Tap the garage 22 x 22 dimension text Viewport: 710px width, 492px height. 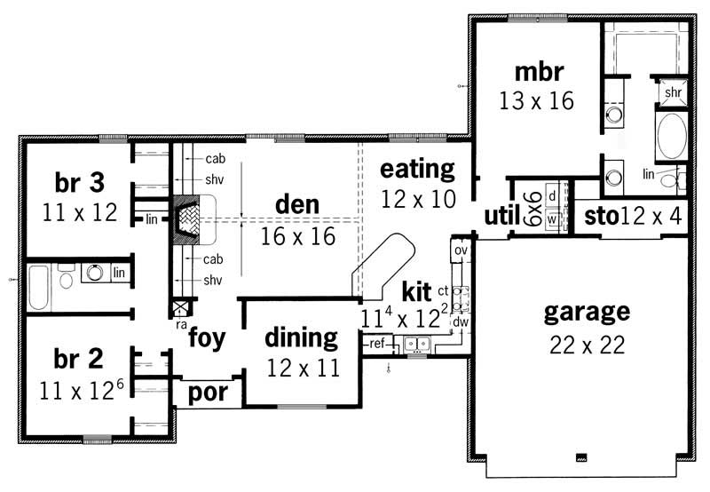(586, 344)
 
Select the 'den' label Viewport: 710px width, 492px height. (296, 206)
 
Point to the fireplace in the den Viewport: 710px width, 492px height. (193, 220)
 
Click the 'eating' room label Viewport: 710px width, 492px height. (417, 169)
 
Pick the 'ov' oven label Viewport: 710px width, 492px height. (460, 250)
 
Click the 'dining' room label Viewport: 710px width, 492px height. (302, 337)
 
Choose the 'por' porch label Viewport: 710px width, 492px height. (209, 392)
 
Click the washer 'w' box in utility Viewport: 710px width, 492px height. (551, 218)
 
